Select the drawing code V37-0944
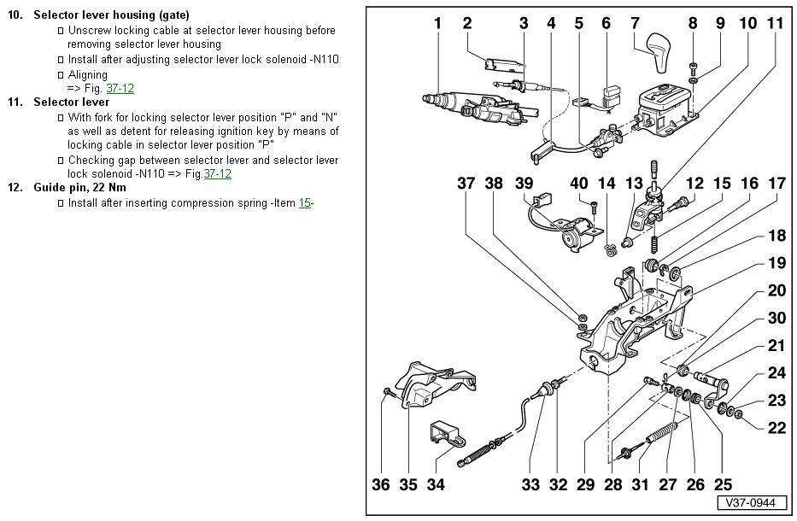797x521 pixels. pos(751,503)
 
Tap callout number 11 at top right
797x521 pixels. pos(774,23)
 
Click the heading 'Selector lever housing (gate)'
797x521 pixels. pos(111,15)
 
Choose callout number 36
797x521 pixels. pos(381,484)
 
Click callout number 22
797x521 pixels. pos(776,428)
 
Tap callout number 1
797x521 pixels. pos(437,23)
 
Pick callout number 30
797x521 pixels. pos(776,318)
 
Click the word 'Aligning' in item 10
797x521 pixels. pos(87,75)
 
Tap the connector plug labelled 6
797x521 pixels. pos(610,91)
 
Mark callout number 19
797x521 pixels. pos(776,263)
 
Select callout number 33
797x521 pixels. pos(531,484)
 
